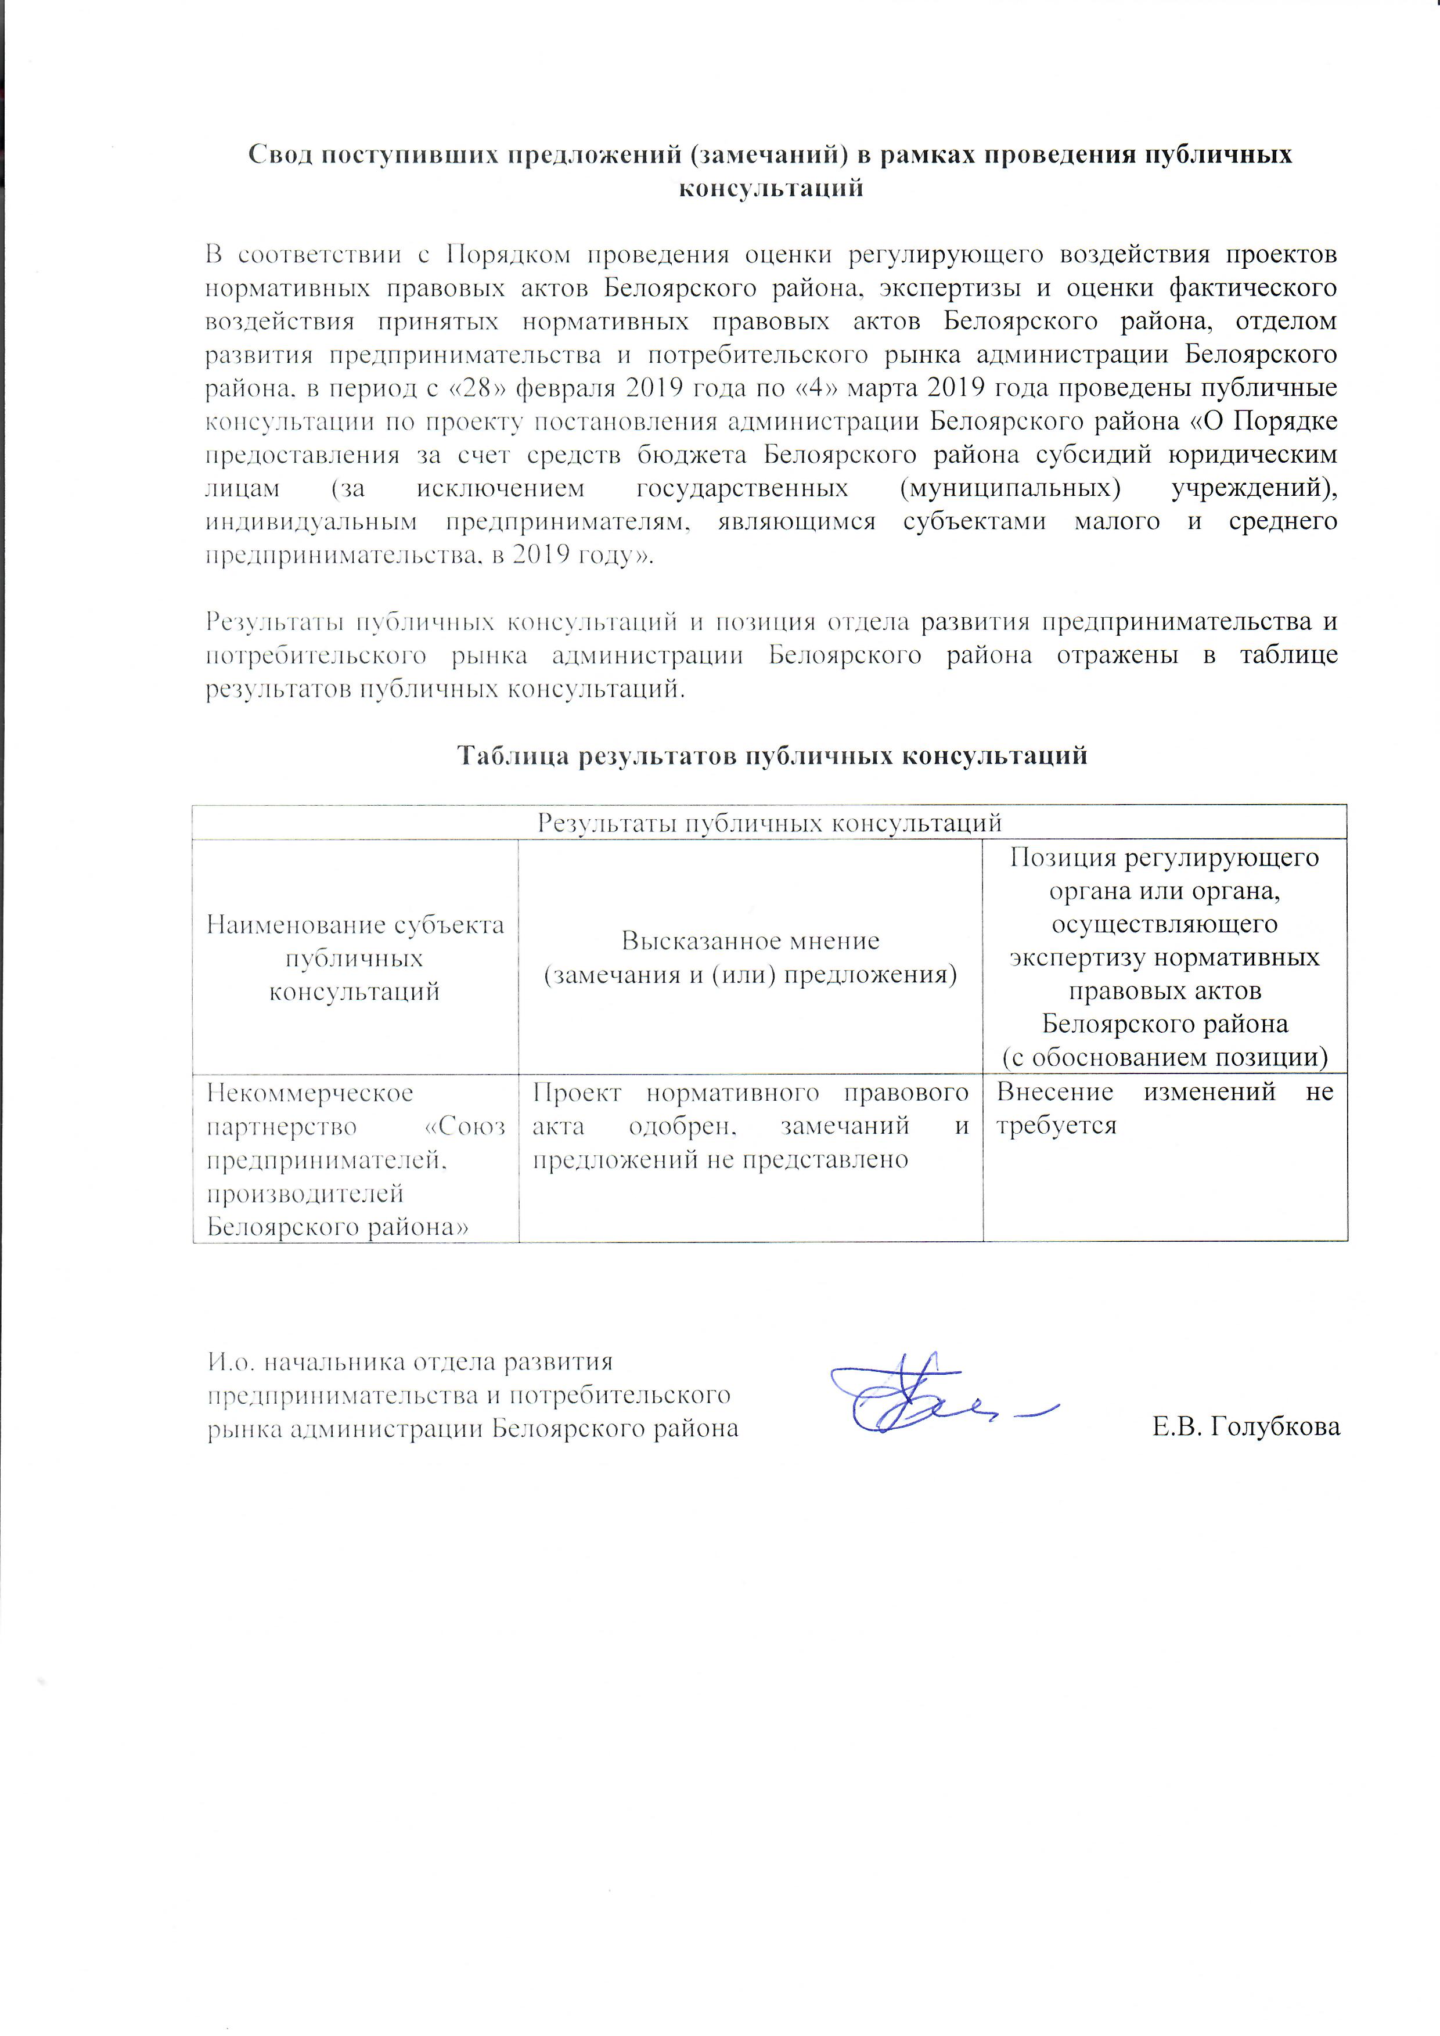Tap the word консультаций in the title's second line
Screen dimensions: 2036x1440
click(770, 188)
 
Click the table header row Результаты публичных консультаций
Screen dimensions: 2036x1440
click(770, 822)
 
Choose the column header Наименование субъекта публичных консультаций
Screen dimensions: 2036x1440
click(355, 958)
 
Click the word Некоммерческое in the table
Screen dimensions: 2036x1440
click(309, 1093)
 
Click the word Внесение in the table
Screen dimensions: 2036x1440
click(1054, 1093)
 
